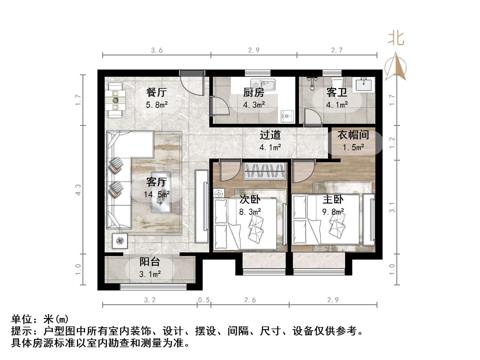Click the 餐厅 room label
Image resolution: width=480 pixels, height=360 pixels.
click(157, 92)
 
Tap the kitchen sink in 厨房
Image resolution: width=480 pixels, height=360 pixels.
click(263, 85)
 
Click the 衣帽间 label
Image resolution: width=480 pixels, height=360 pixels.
click(353, 135)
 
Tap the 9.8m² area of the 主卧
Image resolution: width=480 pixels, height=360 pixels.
click(333, 212)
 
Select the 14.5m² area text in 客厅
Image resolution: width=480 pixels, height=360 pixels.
click(157, 194)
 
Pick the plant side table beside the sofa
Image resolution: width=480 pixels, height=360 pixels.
click(120, 241)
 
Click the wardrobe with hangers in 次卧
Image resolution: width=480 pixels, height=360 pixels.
click(264, 171)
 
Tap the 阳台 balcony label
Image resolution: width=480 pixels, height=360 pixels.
click(150, 262)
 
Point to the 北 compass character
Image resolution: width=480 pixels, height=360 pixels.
click(396, 39)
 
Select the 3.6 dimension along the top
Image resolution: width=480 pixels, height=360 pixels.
click(157, 50)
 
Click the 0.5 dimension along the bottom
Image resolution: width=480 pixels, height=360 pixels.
click(204, 300)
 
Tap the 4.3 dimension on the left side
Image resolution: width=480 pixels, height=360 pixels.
click(78, 189)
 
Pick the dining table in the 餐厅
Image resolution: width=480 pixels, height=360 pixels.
click(115, 100)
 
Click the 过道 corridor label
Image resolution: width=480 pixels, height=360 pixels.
click(270, 135)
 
